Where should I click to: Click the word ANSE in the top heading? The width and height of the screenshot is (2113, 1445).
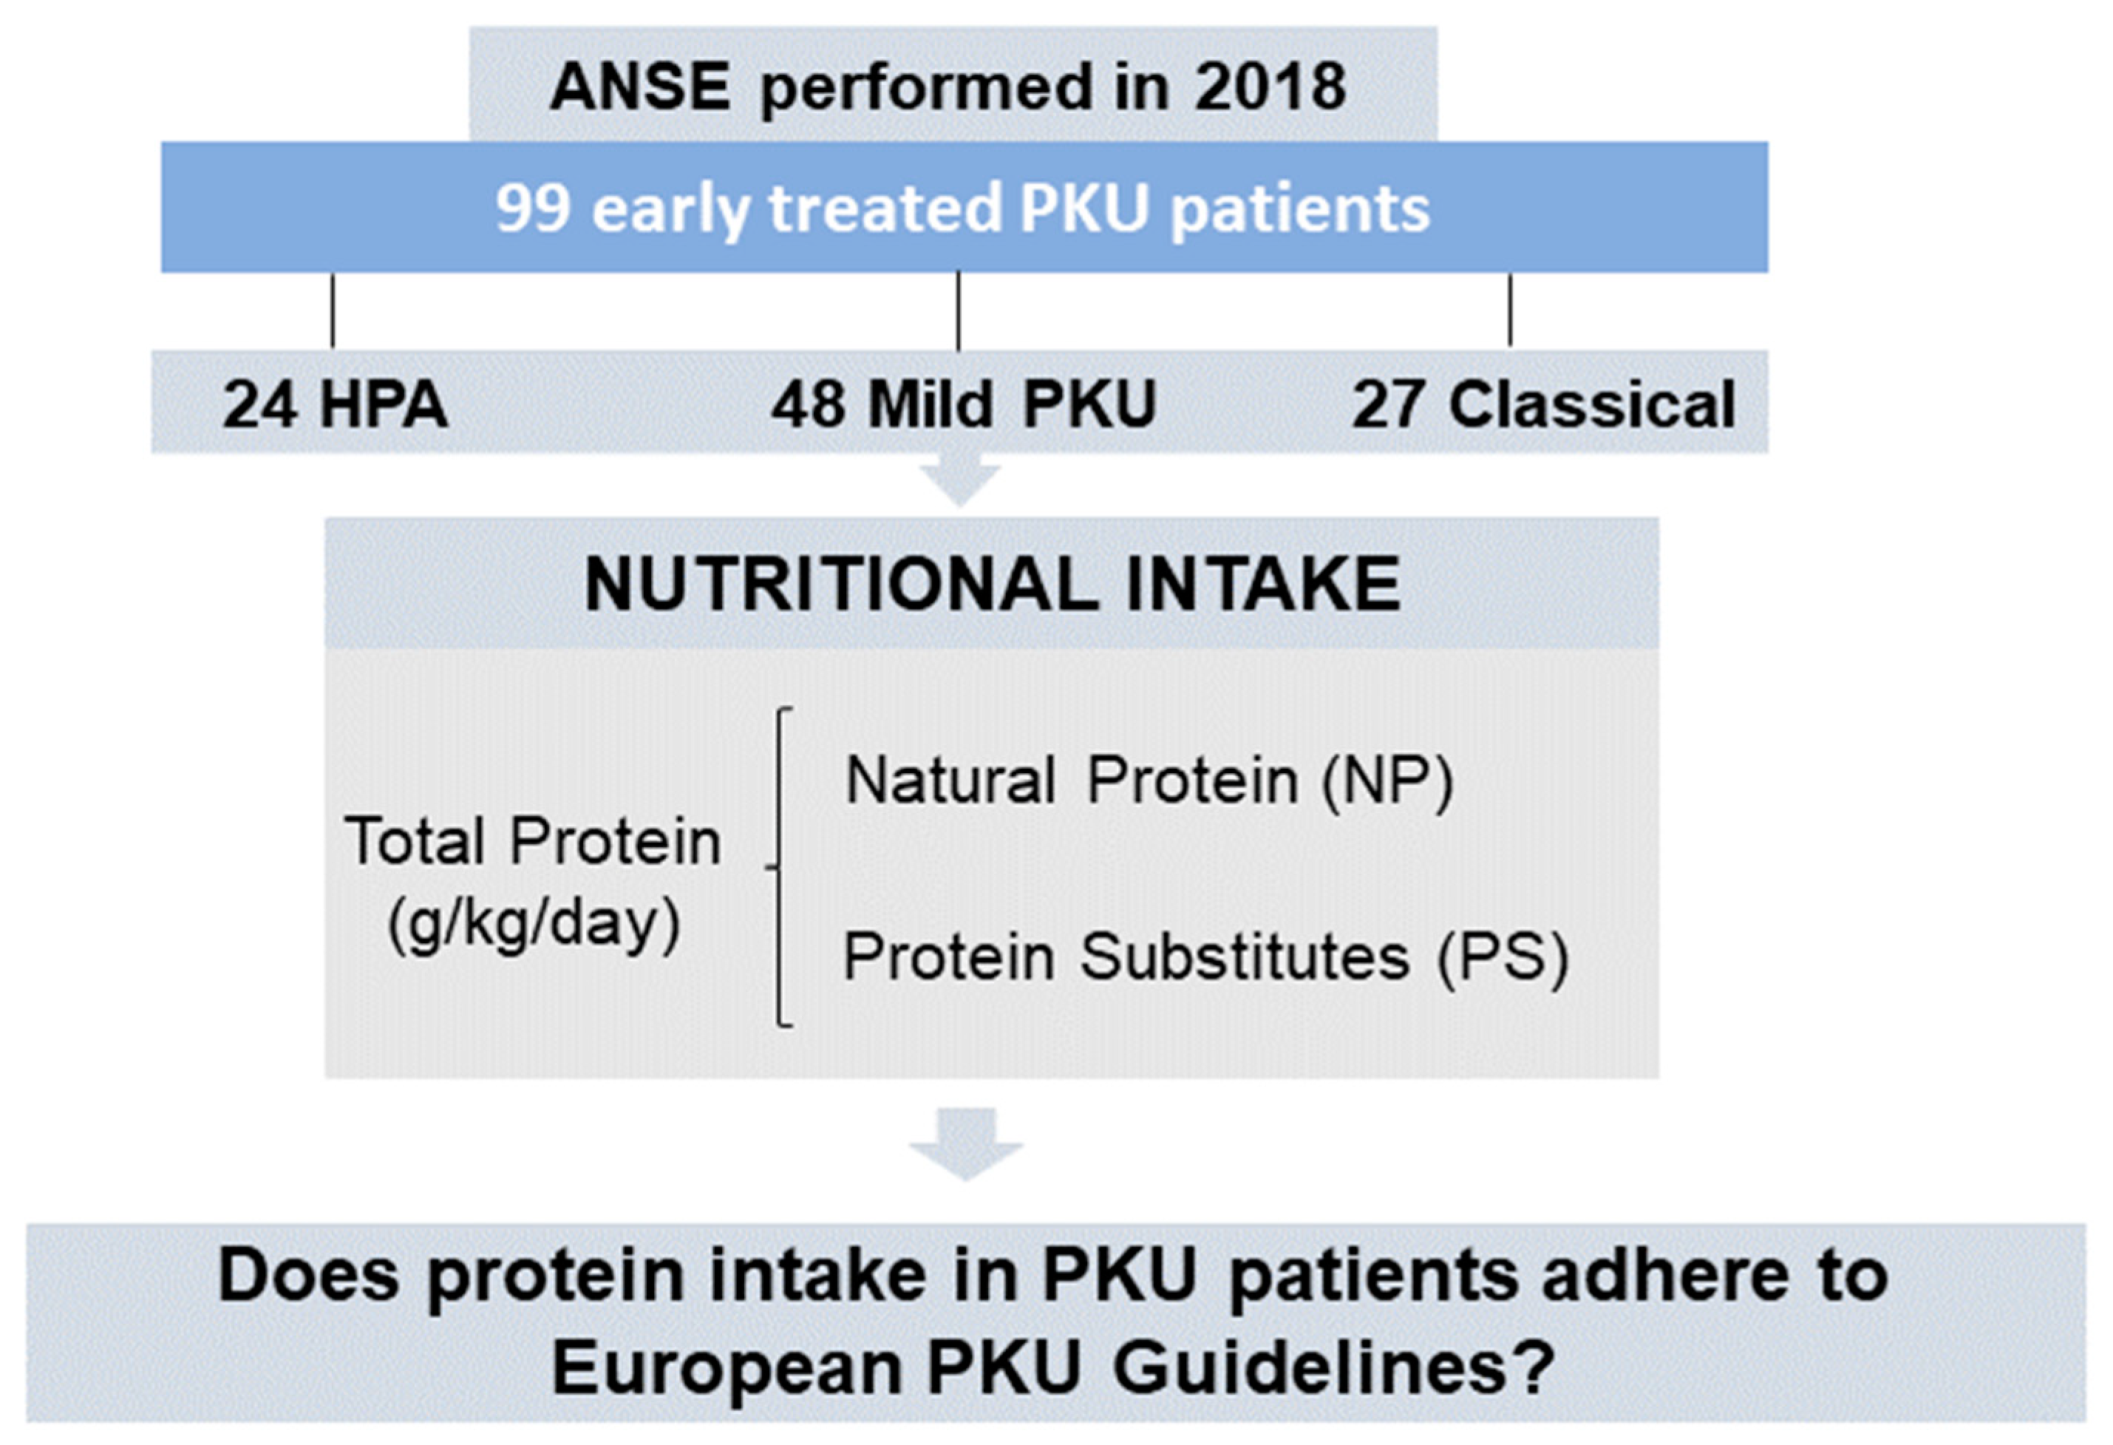(639, 87)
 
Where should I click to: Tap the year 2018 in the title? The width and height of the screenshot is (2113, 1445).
(1270, 87)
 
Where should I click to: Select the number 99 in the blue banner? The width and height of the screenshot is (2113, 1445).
(533, 208)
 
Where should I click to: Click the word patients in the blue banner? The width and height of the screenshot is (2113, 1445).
(1299, 210)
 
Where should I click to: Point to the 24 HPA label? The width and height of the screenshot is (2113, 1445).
(336, 404)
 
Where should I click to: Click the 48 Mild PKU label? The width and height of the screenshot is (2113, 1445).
(963, 404)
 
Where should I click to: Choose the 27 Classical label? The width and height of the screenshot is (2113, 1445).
(1544, 404)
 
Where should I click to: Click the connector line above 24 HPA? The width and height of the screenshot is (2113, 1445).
(333, 310)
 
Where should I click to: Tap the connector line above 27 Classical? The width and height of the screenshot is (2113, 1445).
(1510, 310)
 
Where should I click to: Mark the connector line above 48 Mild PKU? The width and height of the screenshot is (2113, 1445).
(959, 310)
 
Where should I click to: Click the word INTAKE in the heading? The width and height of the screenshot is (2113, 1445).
(1263, 585)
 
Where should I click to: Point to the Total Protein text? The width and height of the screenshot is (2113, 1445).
(533, 841)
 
